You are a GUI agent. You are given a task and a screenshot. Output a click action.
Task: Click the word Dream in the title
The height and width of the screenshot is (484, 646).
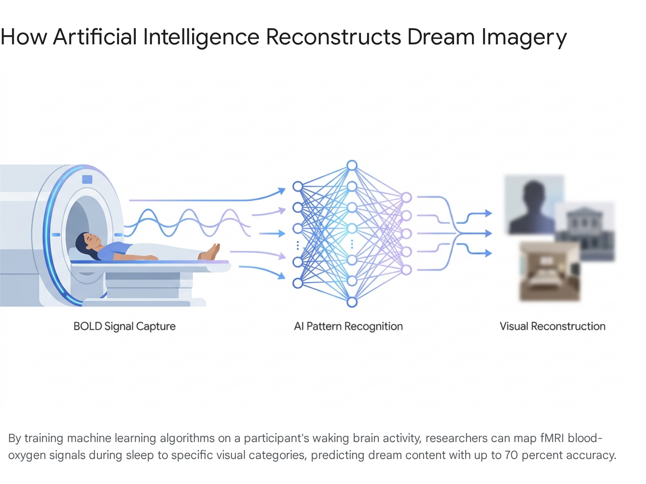(441, 37)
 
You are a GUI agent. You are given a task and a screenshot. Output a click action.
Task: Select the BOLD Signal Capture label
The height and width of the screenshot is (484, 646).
(124, 326)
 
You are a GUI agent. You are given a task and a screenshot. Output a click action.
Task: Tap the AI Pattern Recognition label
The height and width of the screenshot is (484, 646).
(348, 326)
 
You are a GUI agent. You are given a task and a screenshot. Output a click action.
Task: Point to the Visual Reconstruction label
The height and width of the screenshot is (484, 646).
(553, 326)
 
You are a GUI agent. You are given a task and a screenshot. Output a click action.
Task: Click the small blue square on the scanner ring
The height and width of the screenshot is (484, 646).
(87, 179)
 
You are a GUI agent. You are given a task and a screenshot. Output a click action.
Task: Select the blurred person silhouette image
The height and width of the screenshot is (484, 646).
(534, 204)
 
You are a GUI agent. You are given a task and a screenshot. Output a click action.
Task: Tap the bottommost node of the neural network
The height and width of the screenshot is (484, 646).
(352, 302)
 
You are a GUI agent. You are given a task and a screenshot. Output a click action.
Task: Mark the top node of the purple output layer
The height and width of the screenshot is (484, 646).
(406, 198)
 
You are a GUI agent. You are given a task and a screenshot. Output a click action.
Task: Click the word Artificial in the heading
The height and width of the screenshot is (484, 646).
(95, 37)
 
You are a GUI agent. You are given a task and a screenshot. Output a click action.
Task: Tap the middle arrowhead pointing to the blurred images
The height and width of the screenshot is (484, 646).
(488, 234)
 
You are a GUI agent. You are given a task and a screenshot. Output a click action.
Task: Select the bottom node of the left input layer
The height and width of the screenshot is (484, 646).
(298, 283)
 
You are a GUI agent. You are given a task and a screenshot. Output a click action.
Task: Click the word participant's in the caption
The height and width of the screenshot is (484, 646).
(276, 438)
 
